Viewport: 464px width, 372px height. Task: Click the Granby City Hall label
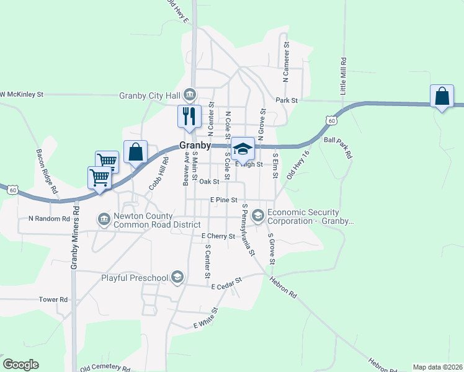(x=149, y=95)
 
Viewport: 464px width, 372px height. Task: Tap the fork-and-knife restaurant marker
(x=189, y=116)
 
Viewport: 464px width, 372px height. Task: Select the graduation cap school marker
(x=243, y=148)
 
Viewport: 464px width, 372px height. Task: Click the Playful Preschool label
(x=135, y=278)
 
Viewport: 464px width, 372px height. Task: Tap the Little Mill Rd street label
(x=343, y=76)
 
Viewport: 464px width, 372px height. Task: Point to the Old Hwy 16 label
(x=297, y=166)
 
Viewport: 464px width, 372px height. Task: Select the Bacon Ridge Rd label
(x=47, y=170)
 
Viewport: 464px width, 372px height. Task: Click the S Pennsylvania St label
(x=248, y=229)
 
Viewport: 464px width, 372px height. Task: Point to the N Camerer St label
(x=286, y=62)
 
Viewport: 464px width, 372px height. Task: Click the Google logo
(x=20, y=365)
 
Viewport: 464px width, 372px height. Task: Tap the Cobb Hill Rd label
(x=158, y=174)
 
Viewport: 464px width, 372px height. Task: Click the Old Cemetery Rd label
(x=105, y=367)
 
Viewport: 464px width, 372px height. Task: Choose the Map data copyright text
(x=437, y=367)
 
